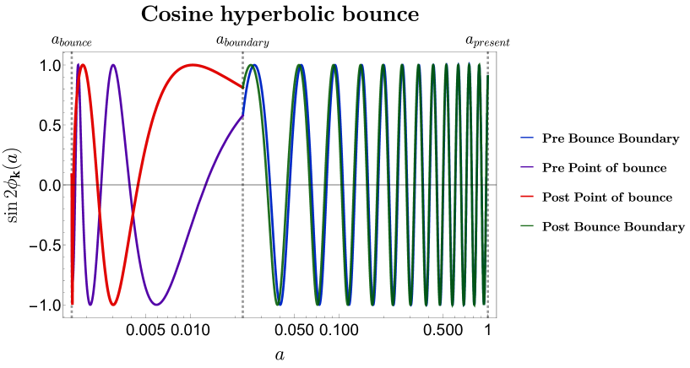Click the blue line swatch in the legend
coord(527,138)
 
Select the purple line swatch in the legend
coord(527,167)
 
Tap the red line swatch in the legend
coord(527,196)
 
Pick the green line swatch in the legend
coord(527,225)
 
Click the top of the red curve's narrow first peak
coord(82,65)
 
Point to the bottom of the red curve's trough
coord(113,305)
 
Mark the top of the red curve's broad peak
coord(193,65)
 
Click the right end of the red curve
coord(242,87)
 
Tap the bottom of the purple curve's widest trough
coord(156,305)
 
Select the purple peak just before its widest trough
coord(112,65)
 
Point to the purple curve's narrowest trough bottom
coord(90,304)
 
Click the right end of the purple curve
coord(242,116)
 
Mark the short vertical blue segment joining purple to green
coord(244,101)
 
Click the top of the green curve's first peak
coord(251,65)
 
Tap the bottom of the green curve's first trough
coord(278,305)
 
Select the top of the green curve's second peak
coord(300,65)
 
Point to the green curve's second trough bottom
coord(318,305)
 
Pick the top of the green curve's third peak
coord(334,65)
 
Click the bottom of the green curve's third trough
coord(348,305)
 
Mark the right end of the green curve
coord(487,76)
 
